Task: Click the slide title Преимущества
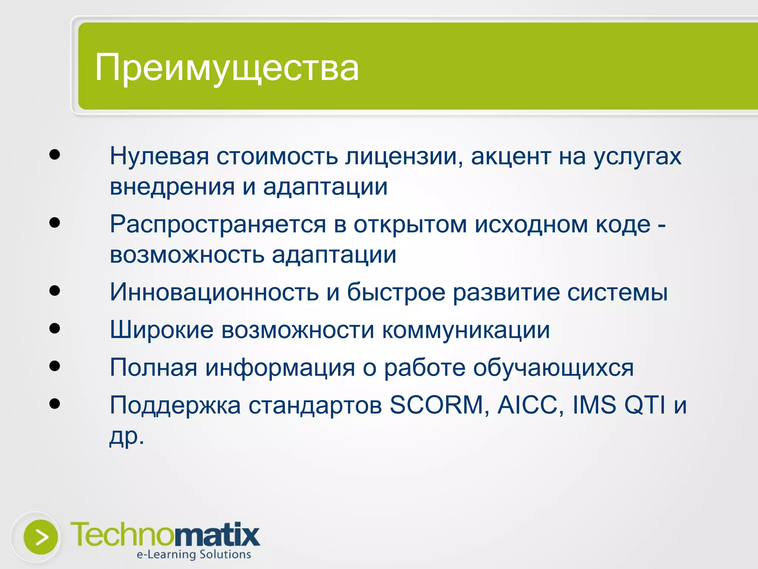(227, 67)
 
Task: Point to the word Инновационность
(214, 292)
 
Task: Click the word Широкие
(161, 329)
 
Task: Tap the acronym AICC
(530, 405)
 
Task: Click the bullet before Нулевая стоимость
(54, 154)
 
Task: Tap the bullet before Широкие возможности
(54, 328)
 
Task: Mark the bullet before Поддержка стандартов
(54, 403)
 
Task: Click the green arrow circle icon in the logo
(41, 537)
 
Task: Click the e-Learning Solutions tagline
(194, 555)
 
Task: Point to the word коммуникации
(466, 329)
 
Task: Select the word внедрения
(172, 186)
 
